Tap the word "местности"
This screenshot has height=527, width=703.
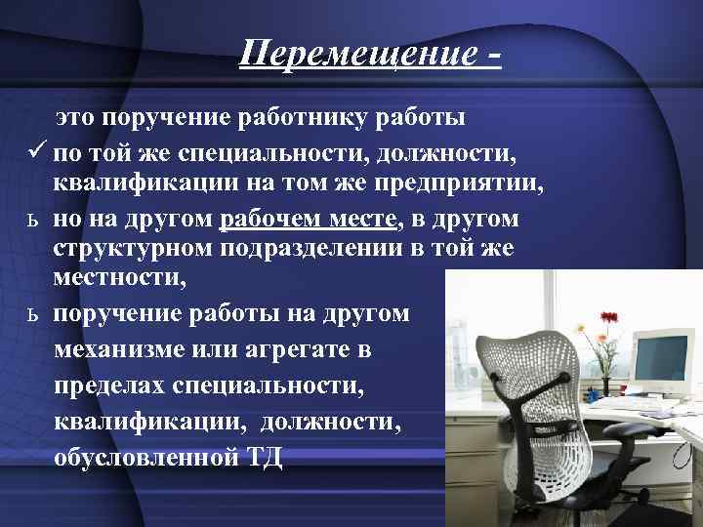coord(130,280)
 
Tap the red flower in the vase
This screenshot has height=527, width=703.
coord(610,318)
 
